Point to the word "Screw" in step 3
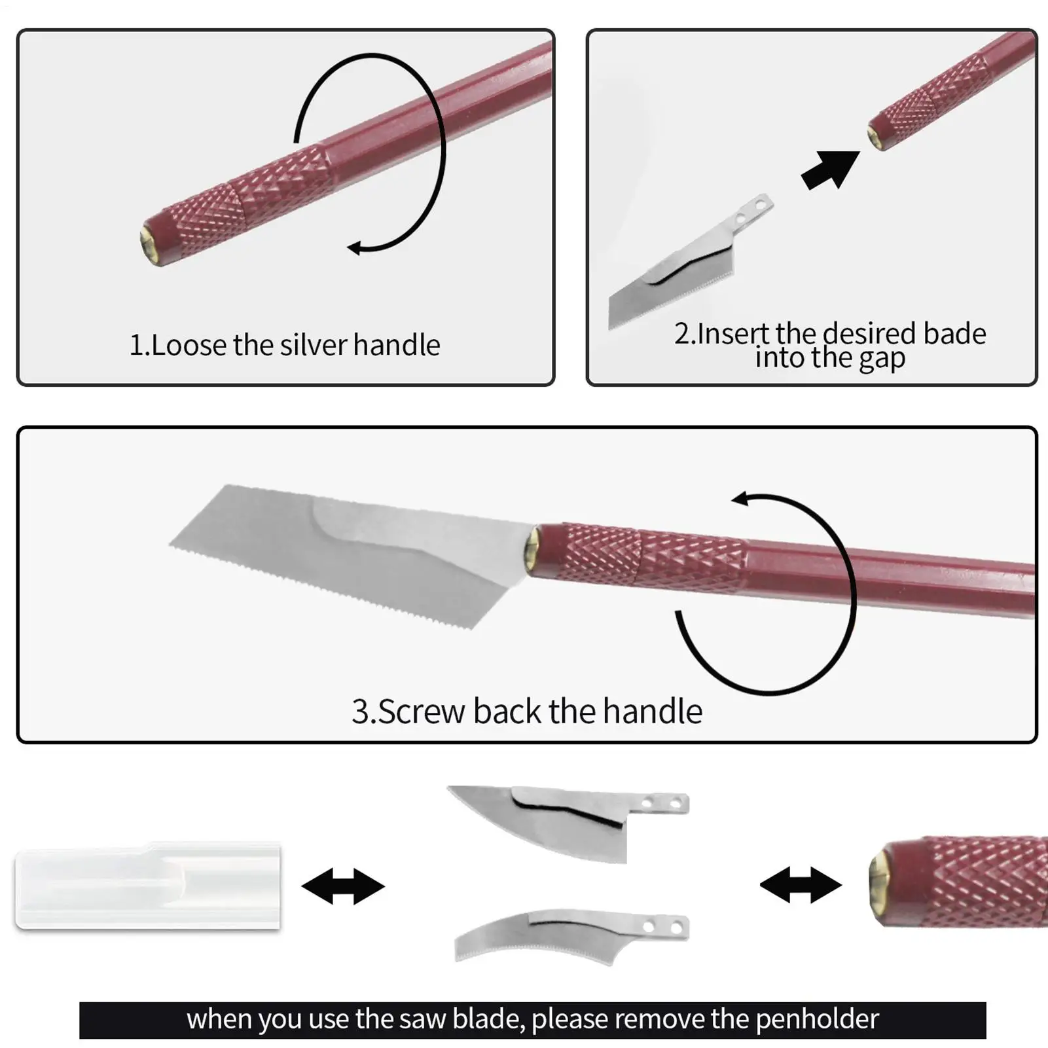[x=422, y=711]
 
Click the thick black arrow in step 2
[x=830, y=170]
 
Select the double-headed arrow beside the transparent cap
[x=343, y=886]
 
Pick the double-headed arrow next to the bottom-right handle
[x=801, y=886]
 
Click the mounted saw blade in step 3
[x=353, y=553]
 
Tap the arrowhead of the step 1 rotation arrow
[x=354, y=248]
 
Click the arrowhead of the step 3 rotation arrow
[x=740, y=499]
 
